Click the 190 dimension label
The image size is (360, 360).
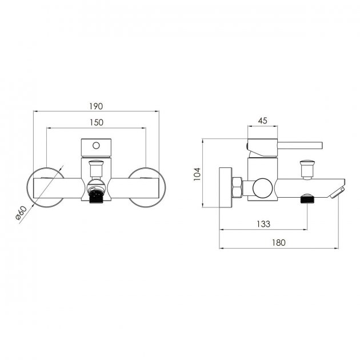click(96, 106)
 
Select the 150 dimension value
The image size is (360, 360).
click(97, 123)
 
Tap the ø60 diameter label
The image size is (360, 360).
click(21, 213)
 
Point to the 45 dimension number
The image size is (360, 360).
click(262, 121)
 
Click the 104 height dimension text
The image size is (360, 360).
click(197, 174)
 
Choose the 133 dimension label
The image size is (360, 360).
click(263, 224)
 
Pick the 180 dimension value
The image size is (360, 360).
click(279, 243)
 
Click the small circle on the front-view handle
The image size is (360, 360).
click(96, 146)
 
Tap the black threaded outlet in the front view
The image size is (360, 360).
click(96, 197)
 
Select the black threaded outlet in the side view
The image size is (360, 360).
click(307, 199)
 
